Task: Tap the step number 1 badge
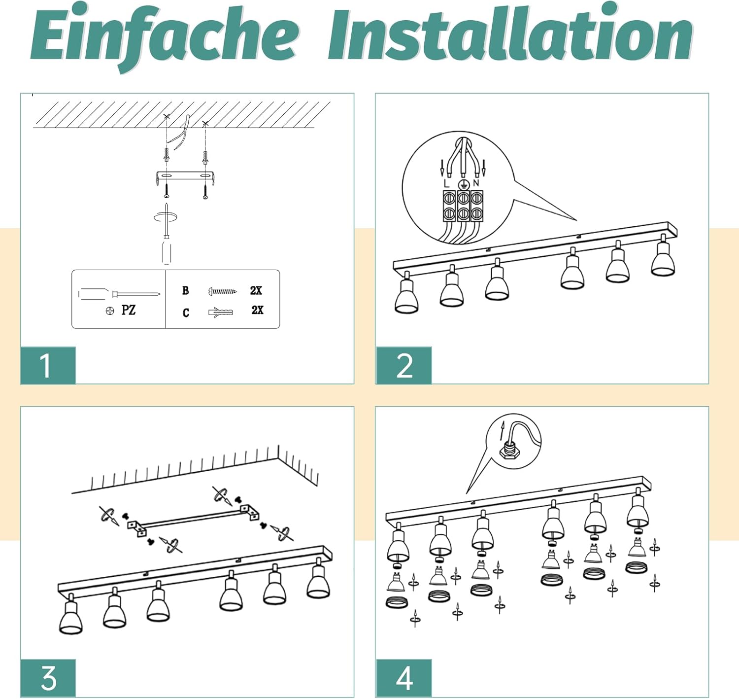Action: (48, 365)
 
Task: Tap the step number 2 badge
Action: (404, 365)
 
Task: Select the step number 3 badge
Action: (48, 678)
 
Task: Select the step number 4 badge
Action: (404, 678)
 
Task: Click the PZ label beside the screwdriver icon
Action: (128, 310)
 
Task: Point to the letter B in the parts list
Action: (185, 290)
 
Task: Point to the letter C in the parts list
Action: (186, 313)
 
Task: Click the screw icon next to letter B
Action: (222, 291)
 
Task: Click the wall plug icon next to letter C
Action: (221, 312)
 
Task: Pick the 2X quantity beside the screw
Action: (256, 290)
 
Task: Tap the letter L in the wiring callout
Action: (446, 183)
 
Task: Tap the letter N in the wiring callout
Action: (476, 183)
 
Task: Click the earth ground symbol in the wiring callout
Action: (462, 184)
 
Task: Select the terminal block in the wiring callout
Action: (463, 206)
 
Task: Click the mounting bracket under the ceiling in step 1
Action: (185, 177)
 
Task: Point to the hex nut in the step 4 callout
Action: (506, 452)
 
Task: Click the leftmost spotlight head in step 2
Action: (406, 296)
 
